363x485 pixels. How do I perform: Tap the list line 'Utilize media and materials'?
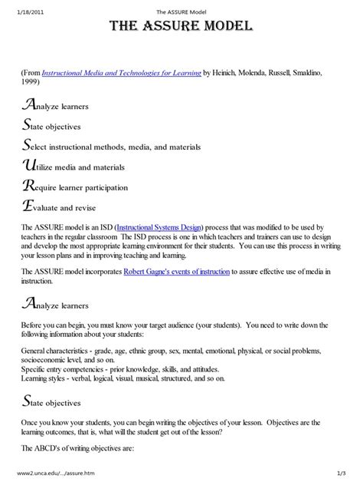pyautogui.click(x=74, y=167)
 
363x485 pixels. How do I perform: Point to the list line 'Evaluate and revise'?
pyautogui.click(x=67, y=207)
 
